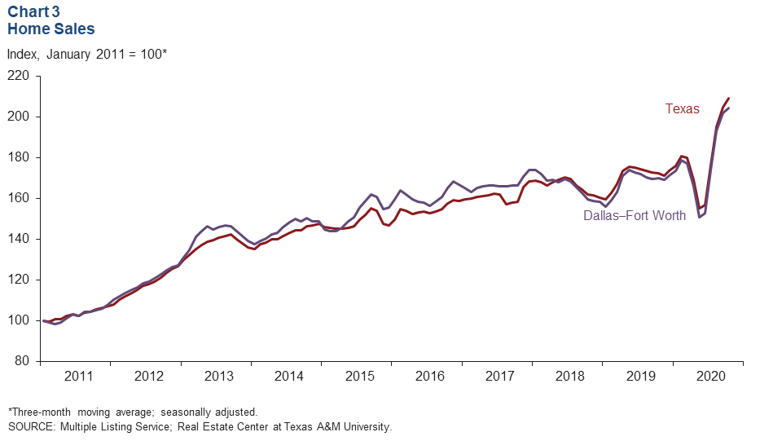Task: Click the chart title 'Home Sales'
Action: tap(51, 29)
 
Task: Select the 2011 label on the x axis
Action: tap(78, 376)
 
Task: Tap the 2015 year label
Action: tap(359, 376)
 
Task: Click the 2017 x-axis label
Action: tap(500, 376)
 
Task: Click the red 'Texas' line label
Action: tap(682, 108)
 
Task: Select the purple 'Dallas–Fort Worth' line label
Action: tap(634, 216)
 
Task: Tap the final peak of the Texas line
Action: tap(728, 99)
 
